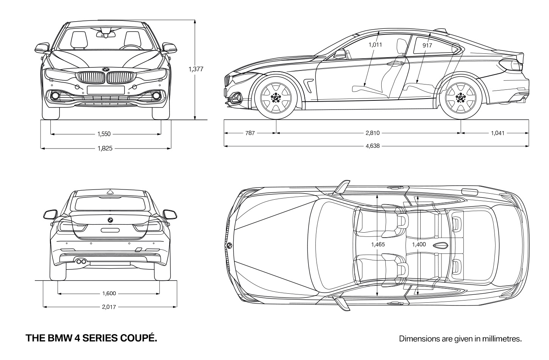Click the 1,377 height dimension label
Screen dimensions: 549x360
tap(196, 69)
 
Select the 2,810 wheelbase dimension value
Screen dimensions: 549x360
tap(373, 133)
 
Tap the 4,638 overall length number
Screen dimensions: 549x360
tap(373, 146)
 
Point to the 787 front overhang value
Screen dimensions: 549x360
tap(250, 133)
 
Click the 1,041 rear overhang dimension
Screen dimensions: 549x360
tap(498, 133)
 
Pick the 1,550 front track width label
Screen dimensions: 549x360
tap(104, 134)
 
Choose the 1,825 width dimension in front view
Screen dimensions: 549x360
tap(105, 149)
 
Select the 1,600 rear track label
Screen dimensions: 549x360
tap(109, 293)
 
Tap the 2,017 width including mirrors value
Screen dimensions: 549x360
tap(109, 307)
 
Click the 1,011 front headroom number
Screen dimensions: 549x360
tap(375, 45)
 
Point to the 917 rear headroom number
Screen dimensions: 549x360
tap(427, 45)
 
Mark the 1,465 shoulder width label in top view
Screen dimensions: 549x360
tap(378, 244)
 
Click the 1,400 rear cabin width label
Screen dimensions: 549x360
tap(419, 244)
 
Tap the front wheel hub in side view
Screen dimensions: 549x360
tap(276, 98)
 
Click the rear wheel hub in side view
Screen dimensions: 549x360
tap(461, 98)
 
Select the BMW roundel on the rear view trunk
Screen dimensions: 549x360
tap(110, 220)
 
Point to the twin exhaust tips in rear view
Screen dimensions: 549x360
tap(81, 261)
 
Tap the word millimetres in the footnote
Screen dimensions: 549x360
tap(502, 339)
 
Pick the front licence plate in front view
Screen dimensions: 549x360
tap(106, 90)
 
